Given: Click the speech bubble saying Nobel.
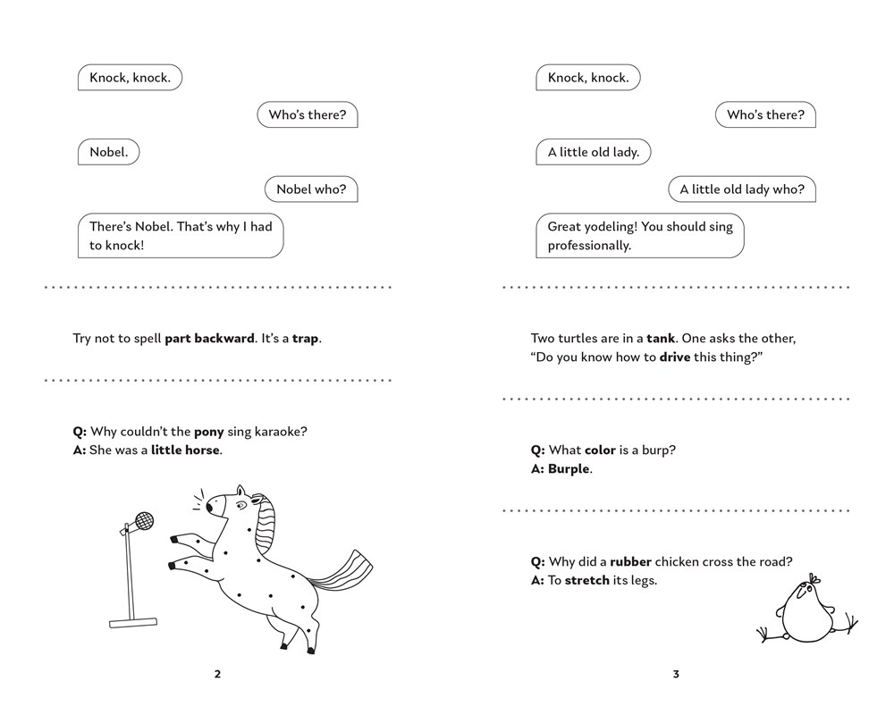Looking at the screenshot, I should (108, 152).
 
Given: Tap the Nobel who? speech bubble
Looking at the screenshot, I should (311, 189).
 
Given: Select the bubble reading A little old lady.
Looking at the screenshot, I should (593, 152).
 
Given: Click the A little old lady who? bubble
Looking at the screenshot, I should (742, 189).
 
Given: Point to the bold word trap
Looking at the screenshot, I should (305, 340).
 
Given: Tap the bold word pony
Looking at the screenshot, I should (208, 432).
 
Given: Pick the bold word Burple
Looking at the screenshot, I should (569, 469).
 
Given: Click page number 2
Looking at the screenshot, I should (217, 675).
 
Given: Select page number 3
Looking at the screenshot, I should (676, 675).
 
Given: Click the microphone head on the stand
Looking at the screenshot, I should (143, 519).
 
